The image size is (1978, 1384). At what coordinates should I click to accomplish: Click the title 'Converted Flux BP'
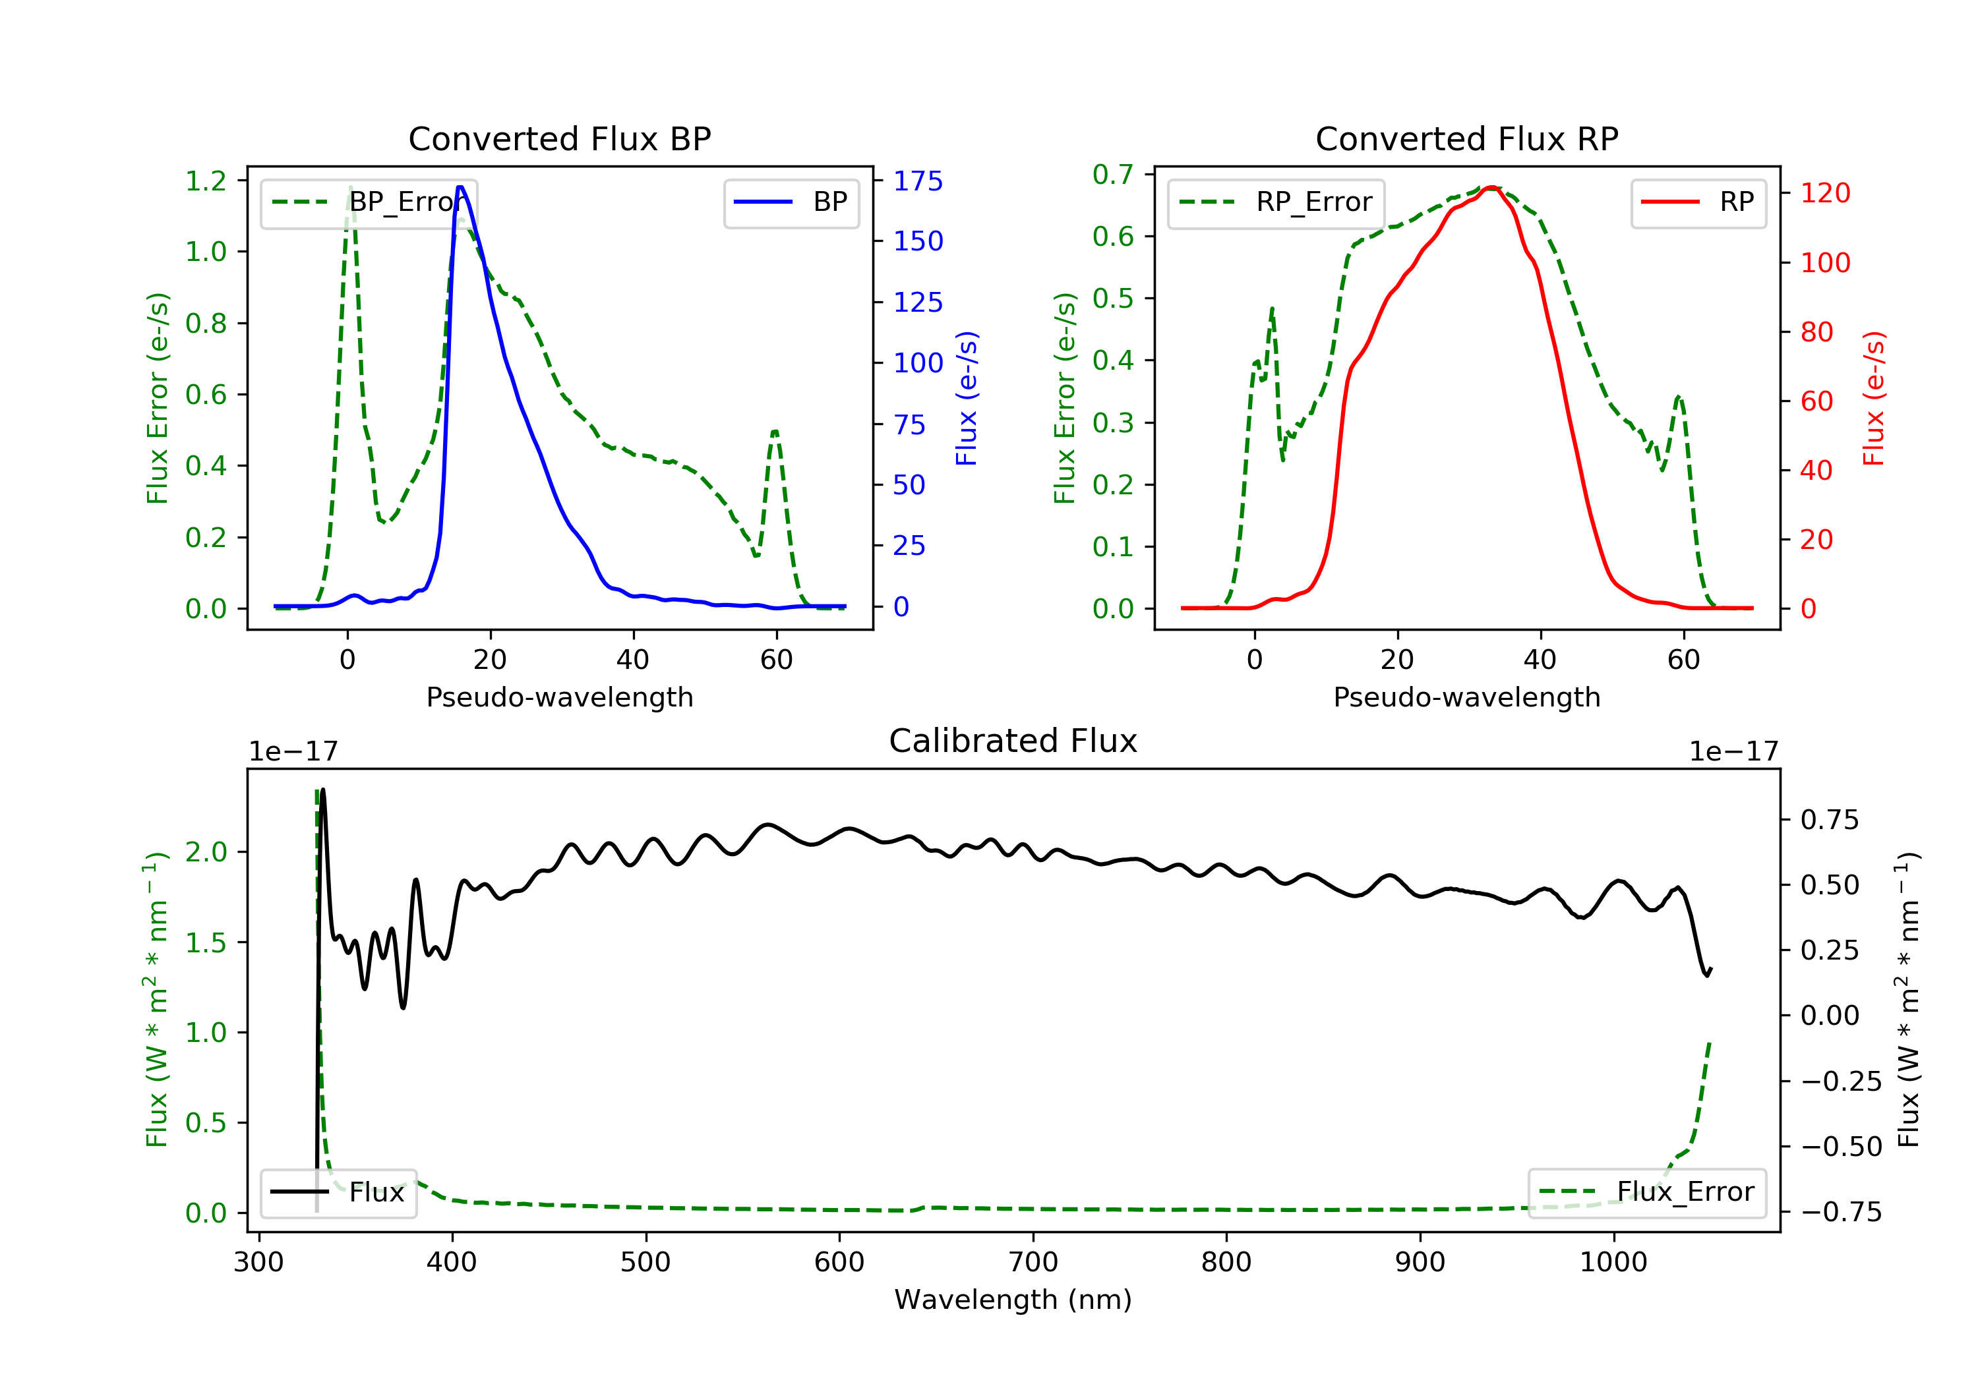click(x=559, y=138)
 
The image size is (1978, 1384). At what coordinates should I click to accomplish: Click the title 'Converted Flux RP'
click(x=1466, y=138)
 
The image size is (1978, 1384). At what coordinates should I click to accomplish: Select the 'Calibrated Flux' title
click(x=1013, y=741)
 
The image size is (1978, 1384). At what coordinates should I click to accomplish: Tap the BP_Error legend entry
click(x=368, y=202)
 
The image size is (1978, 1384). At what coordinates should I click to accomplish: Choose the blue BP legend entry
click(x=791, y=202)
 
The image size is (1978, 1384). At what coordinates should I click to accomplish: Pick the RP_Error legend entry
click(x=1275, y=202)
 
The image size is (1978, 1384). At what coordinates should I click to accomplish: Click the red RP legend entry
click(x=1698, y=202)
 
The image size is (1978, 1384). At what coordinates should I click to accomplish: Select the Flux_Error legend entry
click(x=1646, y=1192)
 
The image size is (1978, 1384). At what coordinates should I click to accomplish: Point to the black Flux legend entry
click(x=338, y=1192)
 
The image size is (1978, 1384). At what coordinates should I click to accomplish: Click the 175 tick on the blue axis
click(x=918, y=181)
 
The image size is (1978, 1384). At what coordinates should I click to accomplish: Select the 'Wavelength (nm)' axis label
click(x=1013, y=1300)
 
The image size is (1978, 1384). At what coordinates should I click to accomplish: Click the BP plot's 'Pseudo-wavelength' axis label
click(x=560, y=697)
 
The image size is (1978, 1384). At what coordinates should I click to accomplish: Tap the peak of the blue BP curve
click(x=461, y=187)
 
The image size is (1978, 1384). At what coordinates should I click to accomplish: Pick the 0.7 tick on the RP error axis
click(x=1113, y=175)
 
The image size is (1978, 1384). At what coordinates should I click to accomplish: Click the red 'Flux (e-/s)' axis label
click(x=1874, y=399)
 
